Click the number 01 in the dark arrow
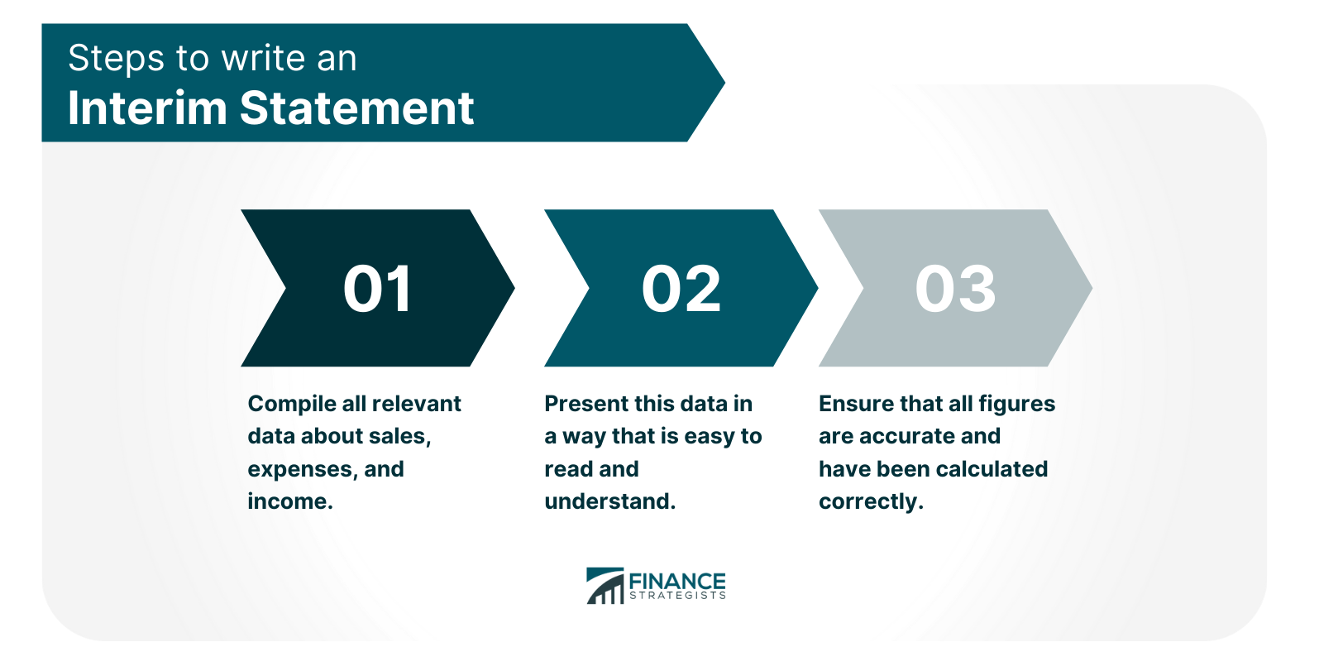377,289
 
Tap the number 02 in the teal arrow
681,289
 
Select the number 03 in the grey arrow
955,289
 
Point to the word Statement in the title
356,108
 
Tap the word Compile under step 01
291,404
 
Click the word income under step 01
289,501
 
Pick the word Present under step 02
583,404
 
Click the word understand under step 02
609,501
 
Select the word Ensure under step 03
855,404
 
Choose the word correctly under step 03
870,501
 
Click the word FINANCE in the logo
676,580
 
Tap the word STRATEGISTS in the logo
677,595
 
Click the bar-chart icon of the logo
605,586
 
